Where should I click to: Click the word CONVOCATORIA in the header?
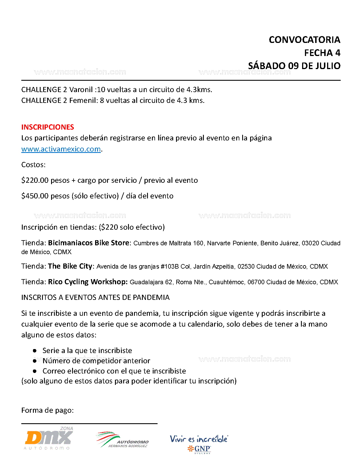click(x=304, y=40)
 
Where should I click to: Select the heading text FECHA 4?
click(x=322, y=53)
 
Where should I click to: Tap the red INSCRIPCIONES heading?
click(x=48, y=127)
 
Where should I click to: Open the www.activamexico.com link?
click(x=61, y=149)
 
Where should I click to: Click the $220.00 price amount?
click(x=35, y=180)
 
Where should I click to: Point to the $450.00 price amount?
click(x=35, y=196)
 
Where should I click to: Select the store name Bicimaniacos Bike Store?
click(x=89, y=243)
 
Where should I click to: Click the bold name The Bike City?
click(x=70, y=266)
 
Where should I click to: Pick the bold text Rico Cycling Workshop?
click(x=88, y=282)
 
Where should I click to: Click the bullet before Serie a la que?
click(x=35, y=351)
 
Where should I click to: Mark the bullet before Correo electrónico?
click(x=35, y=371)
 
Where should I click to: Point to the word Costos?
click(x=33, y=165)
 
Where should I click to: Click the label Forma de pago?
click(x=47, y=410)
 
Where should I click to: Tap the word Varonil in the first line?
click(x=81, y=90)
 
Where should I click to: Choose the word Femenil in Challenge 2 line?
click(x=83, y=100)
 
